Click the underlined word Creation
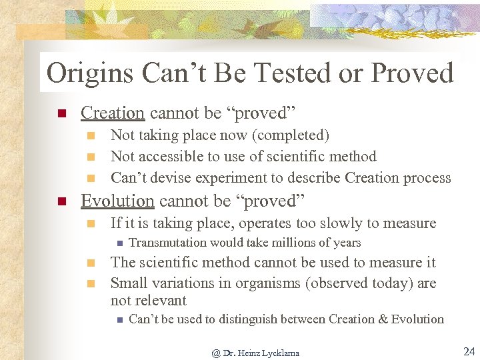pyautogui.click(x=112, y=113)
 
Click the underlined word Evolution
pyautogui.click(x=117, y=201)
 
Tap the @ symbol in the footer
pyautogui.click(x=215, y=353)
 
